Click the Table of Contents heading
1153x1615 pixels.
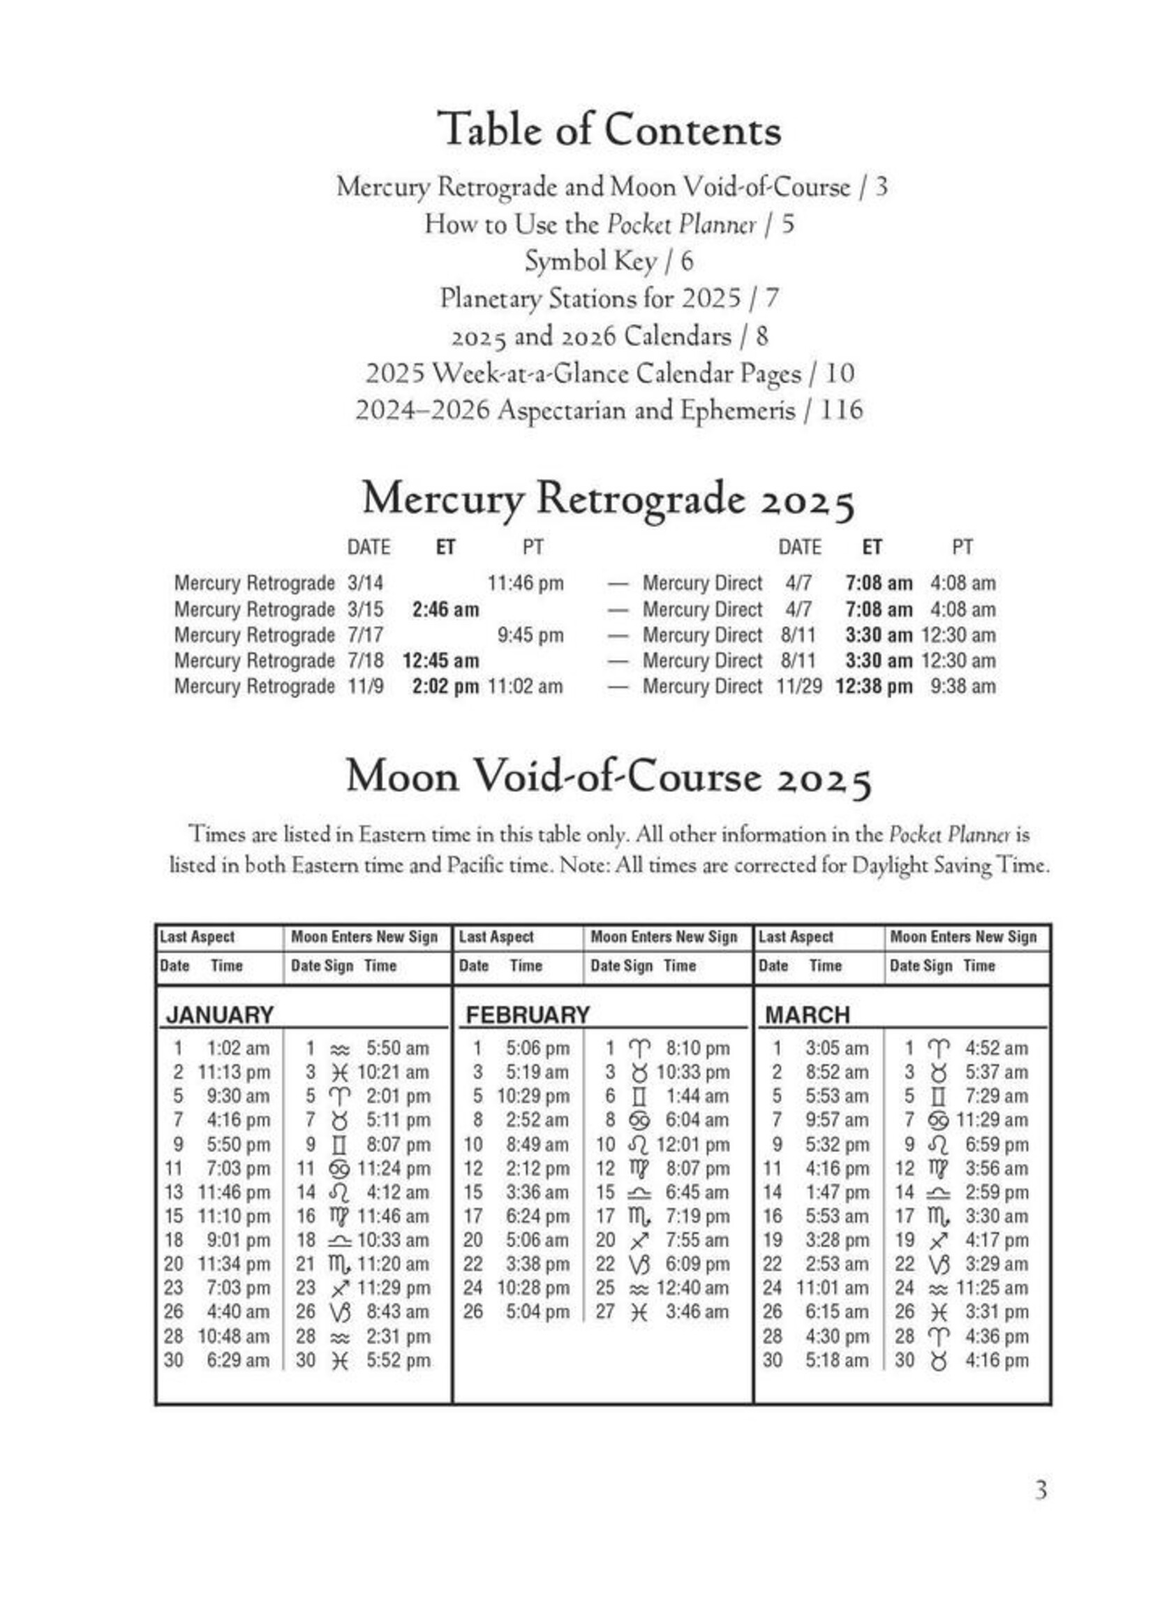click(x=609, y=129)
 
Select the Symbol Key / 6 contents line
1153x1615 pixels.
click(x=609, y=261)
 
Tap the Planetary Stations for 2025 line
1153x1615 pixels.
click(x=609, y=298)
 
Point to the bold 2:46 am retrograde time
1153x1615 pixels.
click(x=445, y=610)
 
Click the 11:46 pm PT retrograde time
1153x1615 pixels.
click(x=526, y=583)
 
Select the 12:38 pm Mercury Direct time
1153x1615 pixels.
click(x=874, y=686)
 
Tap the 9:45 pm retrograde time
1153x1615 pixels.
click(x=530, y=635)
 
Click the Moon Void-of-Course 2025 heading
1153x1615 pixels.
click(x=609, y=776)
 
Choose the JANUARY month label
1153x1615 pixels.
click(x=219, y=1015)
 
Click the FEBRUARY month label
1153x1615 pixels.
click(x=528, y=1015)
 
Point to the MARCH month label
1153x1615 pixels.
click(x=808, y=1015)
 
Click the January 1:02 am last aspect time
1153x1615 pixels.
click(x=238, y=1048)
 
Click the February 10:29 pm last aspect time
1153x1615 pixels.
click(x=533, y=1096)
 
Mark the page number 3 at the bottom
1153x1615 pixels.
click(x=1040, y=1489)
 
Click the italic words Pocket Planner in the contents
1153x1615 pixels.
click(x=682, y=224)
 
